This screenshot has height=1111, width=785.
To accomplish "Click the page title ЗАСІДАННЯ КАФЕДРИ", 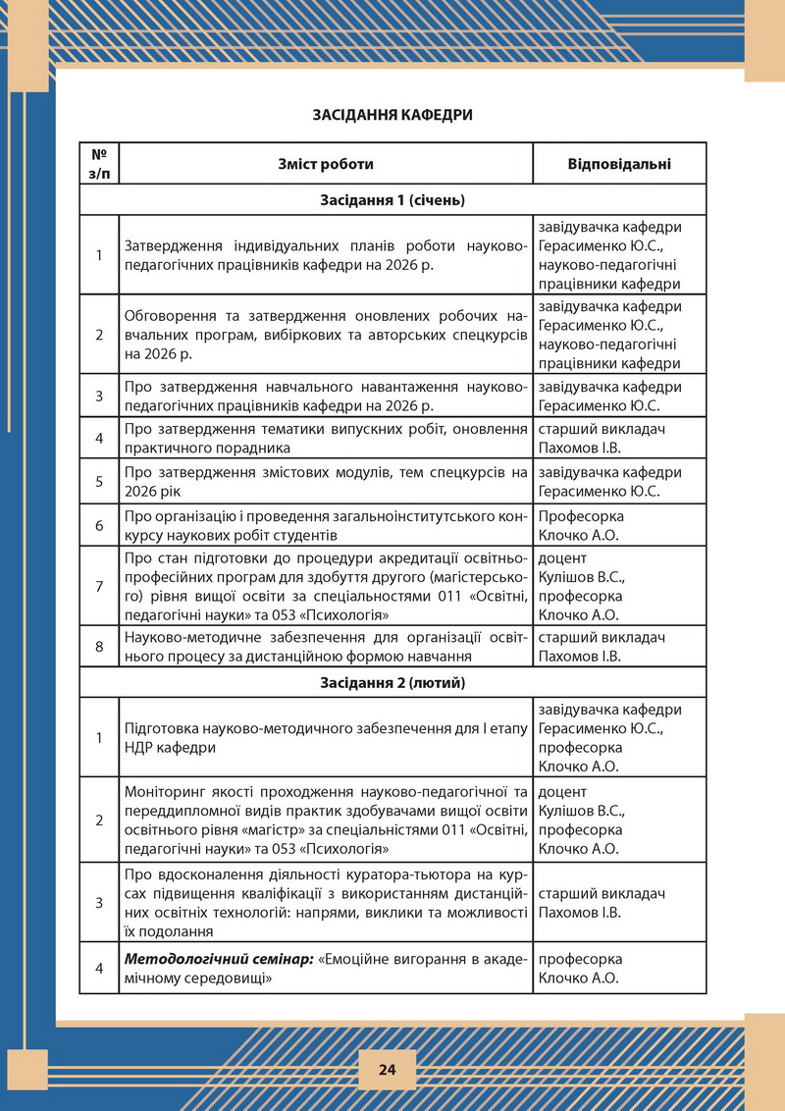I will click(392, 115).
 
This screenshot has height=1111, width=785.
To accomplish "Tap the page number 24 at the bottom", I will click(386, 1069).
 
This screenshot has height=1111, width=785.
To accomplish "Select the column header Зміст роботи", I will click(325, 164).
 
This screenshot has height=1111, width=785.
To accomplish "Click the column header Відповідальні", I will click(606, 164).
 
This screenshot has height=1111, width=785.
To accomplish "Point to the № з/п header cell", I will click(99, 164).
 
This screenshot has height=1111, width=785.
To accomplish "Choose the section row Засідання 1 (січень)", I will click(392, 200).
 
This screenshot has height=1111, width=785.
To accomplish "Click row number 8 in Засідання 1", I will click(99, 646).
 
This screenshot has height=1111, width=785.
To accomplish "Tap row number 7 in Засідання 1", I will click(99, 586).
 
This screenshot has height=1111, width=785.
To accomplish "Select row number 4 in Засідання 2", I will click(99, 969).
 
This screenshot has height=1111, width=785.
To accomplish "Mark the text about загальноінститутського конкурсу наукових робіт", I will click(326, 526).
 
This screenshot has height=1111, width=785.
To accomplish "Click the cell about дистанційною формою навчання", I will click(326, 646).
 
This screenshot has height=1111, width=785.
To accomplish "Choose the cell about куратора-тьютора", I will click(326, 904).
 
